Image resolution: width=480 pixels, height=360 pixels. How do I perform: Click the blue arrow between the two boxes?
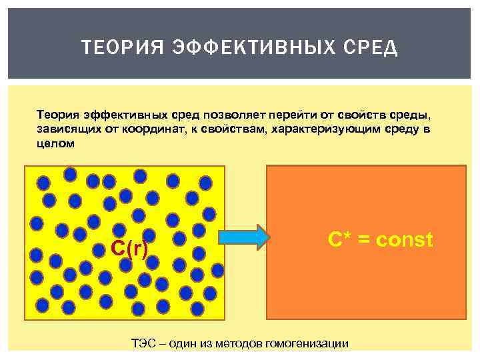pyautogui.click(x=243, y=237)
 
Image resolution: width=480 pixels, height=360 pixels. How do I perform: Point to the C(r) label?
pyautogui.click(x=129, y=248)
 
